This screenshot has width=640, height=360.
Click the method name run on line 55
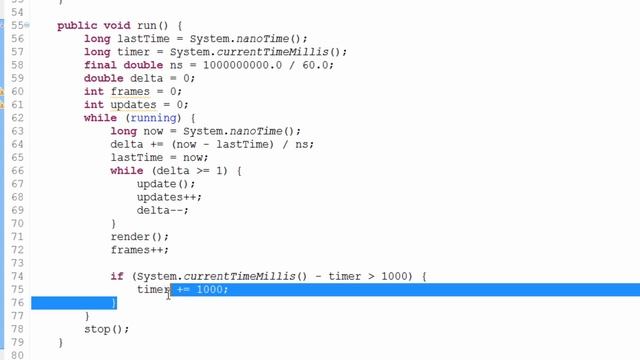[147, 25]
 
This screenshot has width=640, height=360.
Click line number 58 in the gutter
[17, 65]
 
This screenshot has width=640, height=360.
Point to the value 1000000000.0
[242, 65]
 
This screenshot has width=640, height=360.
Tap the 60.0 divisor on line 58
[316, 65]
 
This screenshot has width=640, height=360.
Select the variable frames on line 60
[130, 91]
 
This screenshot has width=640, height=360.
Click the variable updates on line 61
[133, 105]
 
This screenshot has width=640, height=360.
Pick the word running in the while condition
[153, 118]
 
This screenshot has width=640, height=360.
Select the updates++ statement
[169, 197]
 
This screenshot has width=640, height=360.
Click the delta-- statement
[163, 211]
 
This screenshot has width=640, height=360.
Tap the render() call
[140, 237]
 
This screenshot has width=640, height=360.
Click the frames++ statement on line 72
[140, 250]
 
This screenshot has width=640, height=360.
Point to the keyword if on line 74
[117, 276]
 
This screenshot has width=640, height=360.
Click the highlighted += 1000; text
[202, 289]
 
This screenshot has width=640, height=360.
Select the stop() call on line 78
[107, 329]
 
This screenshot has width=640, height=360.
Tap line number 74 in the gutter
[17, 276]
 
